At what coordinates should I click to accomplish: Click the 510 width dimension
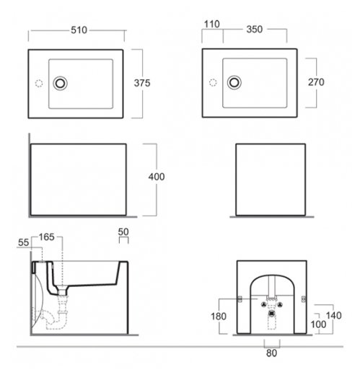point(79,30)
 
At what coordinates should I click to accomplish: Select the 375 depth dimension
point(142,83)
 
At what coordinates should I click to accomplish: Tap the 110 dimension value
point(212,25)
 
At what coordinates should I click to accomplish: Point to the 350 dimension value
point(255,30)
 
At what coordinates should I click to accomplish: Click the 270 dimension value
point(316,82)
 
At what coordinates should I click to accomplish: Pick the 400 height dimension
point(157,177)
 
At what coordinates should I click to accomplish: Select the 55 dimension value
point(24,242)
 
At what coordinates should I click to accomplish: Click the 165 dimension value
point(47,237)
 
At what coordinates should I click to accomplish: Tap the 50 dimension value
point(123,232)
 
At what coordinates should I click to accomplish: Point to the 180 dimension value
point(219,317)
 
